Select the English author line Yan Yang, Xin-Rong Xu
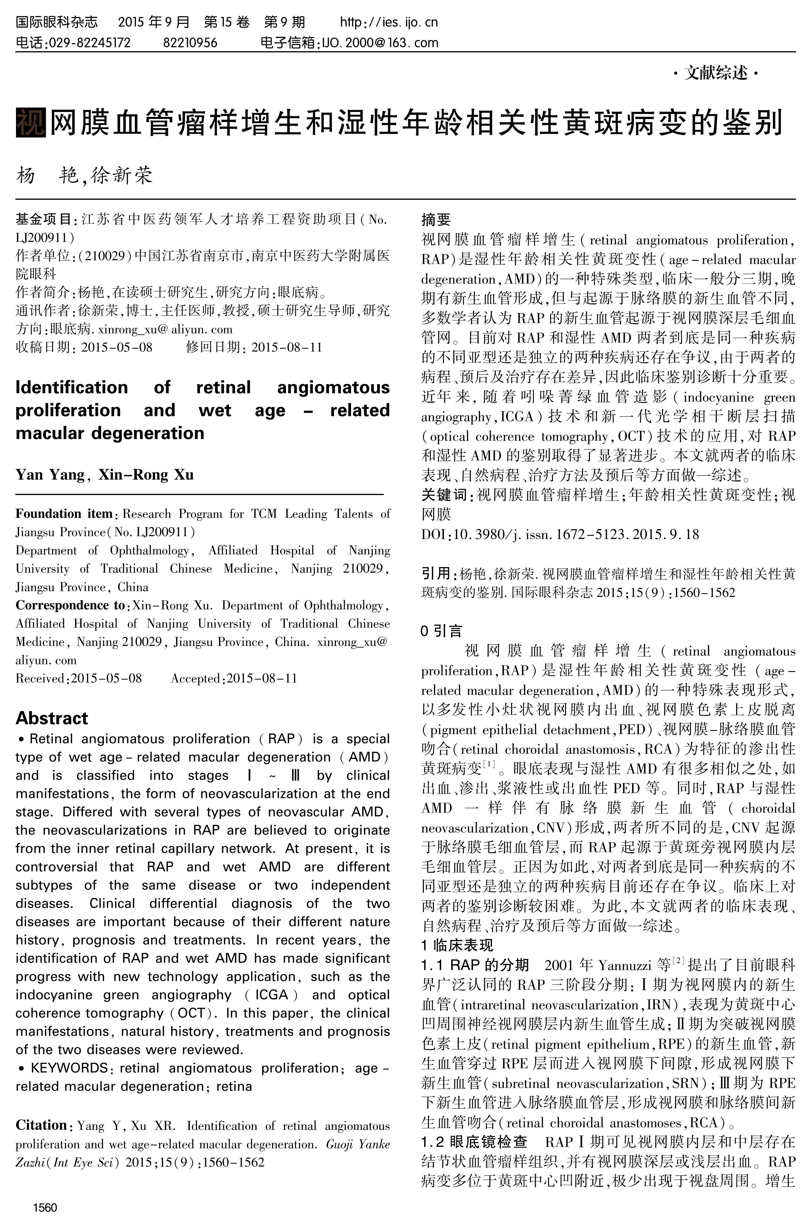105,474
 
